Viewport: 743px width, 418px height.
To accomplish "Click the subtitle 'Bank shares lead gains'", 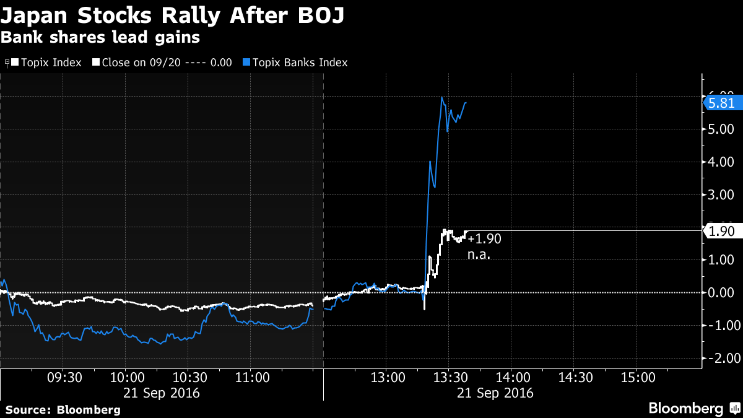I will (100, 37).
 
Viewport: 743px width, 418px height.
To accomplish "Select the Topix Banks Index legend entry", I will (299, 63).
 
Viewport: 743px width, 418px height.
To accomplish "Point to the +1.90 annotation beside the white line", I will (484, 239).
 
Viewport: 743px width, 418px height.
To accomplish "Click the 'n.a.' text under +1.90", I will (479, 254).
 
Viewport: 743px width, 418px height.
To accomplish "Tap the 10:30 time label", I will (191, 378).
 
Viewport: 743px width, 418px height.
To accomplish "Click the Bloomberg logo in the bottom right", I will (693, 409).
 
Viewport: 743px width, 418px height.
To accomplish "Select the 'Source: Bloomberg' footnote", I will (63, 409).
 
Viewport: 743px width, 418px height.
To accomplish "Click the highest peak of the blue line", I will (442, 97).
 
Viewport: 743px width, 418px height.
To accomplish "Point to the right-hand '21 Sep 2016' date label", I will (495, 393).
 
